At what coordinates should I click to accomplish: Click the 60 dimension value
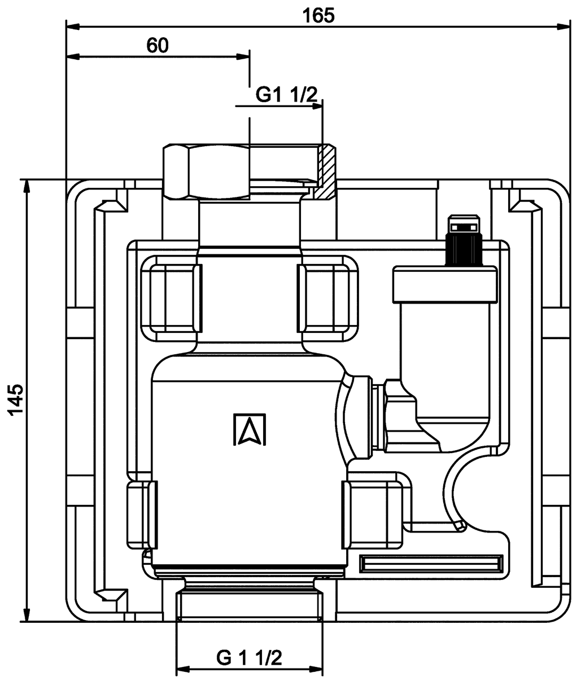click(x=158, y=45)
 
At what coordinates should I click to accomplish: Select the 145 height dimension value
click(x=16, y=400)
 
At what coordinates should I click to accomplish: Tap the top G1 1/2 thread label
click(x=286, y=95)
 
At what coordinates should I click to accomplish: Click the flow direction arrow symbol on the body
click(x=250, y=429)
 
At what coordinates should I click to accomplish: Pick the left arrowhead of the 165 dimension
click(x=73, y=27)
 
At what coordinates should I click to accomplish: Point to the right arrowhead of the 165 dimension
click(x=564, y=27)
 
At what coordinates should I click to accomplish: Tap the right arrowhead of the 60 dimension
click(x=243, y=56)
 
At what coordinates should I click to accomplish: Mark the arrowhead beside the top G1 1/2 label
click(x=316, y=106)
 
